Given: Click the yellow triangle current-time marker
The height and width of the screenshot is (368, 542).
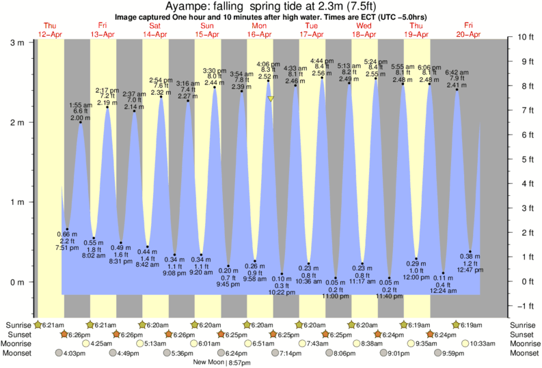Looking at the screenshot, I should pos(271,99).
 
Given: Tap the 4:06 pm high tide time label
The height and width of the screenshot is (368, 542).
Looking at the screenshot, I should pos(268,63).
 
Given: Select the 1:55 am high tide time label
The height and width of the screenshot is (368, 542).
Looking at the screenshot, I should pos(81,104).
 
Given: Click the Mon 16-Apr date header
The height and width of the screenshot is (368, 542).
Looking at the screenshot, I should pos(260,30).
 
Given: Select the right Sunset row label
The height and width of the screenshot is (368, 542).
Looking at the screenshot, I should pos(523,335).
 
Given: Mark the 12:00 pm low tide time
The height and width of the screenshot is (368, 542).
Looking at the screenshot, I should pos(416,277).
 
